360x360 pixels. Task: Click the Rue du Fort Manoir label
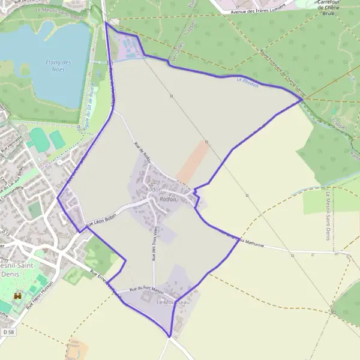[x=146, y=290]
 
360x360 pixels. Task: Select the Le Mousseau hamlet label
[x=173, y=302]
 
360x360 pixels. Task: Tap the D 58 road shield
[x=8, y=332]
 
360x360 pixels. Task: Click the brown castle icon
[x=17, y=296]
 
